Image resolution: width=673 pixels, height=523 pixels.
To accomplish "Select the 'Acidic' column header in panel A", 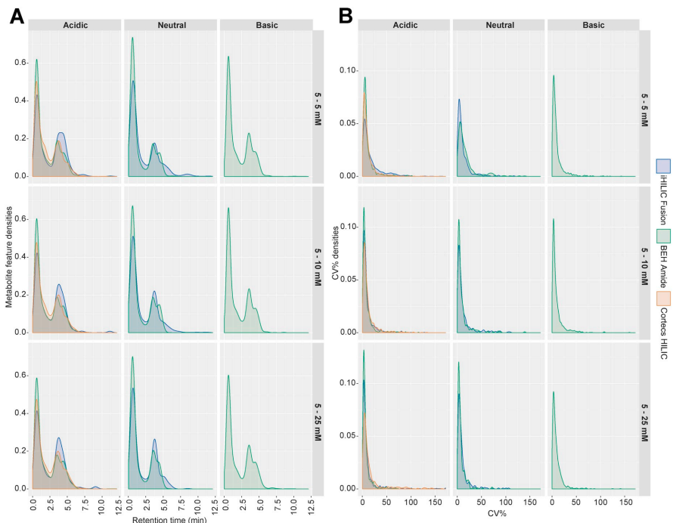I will pyautogui.click(x=75, y=26).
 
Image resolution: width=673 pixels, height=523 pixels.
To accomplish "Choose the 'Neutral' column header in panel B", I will pyautogui.click(x=498, y=26).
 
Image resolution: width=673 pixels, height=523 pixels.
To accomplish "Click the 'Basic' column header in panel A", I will pyautogui.click(x=265, y=26).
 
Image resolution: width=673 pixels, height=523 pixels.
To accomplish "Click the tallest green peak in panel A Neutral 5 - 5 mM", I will pyautogui.click(x=132, y=38).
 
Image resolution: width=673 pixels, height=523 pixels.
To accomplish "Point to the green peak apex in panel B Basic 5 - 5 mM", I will pyautogui.click(x=554, y=75).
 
